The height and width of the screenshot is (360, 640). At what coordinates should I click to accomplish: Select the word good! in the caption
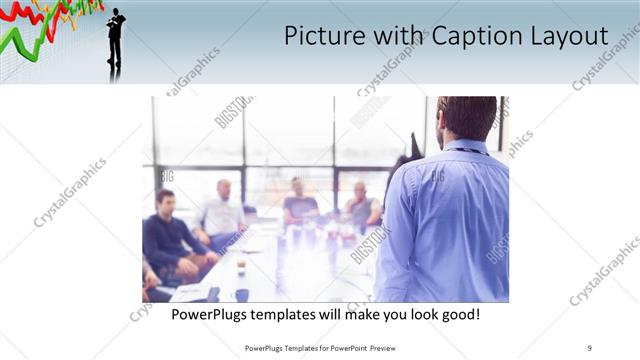pyautogui.click(x=459, y=314)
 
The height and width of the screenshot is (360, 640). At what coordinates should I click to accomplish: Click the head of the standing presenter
pyautogui.click(x=466, y=118)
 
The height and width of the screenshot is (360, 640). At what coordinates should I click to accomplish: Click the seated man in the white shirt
pyautogui.click(x=221, y=212)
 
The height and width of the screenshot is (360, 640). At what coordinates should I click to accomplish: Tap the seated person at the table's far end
pyautogui.click(x=299, y=203)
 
